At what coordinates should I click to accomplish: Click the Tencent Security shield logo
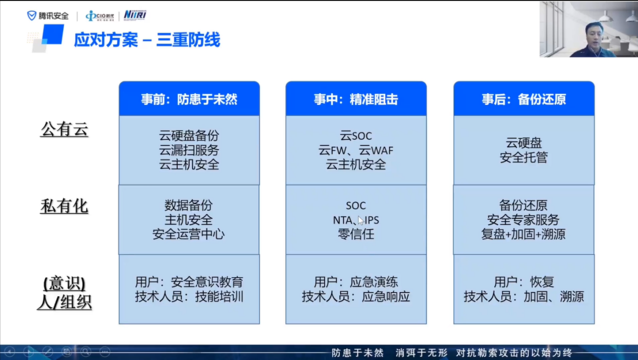pos(32,16)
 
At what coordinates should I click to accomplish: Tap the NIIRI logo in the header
pos(135,15)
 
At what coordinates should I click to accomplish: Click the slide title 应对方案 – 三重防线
pos(147,39)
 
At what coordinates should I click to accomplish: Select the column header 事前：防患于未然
pos(189,100)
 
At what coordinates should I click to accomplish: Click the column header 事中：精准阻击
pos(356,100)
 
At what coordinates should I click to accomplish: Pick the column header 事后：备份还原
pos(524,100)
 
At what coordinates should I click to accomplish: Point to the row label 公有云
pos(64,130)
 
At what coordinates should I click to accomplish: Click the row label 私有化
pos(64,206)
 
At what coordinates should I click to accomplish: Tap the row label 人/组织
pos(64,302)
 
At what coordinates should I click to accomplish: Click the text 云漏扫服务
pos(189,150)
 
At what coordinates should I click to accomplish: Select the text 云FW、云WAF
pos(356,150)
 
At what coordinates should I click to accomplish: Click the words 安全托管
pos(524,157)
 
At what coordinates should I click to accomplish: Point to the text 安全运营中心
pos(189,234)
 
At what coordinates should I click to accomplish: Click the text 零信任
pos(356,234)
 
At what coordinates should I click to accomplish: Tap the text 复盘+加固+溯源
pos(523,234)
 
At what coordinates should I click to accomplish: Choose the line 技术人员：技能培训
pos(189,297)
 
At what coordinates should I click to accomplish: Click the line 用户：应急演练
pos(356,282)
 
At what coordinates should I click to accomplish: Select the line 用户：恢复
pos(524,282)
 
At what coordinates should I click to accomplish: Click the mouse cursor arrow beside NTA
pos(361,221)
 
